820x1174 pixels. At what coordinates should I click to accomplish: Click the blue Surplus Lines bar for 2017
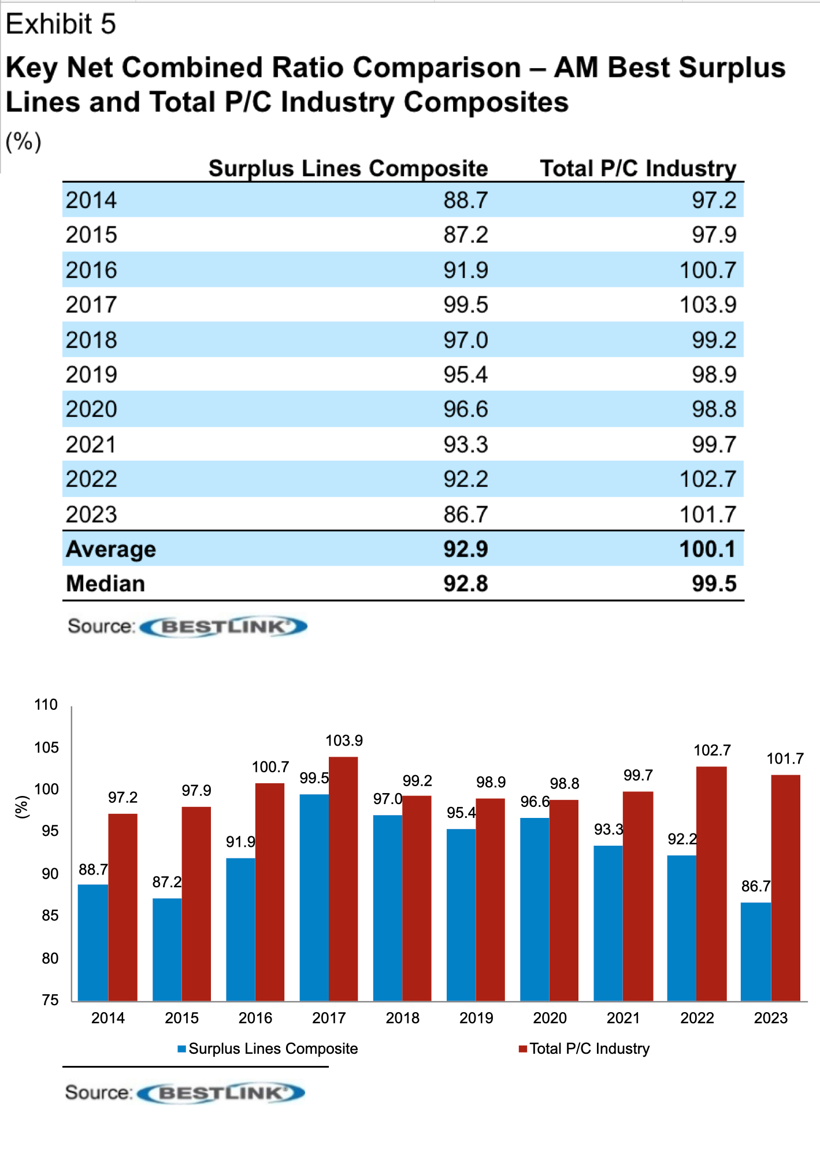314,897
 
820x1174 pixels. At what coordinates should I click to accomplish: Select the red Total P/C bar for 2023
785,887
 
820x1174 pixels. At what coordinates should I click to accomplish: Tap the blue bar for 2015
167,949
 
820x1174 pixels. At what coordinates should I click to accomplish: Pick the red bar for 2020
563,900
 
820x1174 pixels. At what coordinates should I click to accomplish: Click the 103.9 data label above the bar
344,740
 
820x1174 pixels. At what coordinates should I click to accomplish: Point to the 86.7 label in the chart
755,886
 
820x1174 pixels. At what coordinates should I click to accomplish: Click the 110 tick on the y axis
46,705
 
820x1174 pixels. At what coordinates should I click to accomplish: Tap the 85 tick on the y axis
50,916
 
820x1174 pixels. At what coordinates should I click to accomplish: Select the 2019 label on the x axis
476,1018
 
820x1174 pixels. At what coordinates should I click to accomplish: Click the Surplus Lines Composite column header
348,168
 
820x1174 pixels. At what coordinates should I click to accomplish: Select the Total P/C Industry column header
638,168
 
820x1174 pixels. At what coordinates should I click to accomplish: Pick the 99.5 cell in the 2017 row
465,305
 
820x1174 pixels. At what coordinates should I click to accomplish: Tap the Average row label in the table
111,549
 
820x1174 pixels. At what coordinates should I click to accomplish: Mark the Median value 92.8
465,584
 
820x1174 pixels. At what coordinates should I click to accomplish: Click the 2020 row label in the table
91,409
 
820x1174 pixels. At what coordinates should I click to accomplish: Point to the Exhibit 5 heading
61,24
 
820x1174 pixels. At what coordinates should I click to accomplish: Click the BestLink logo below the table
224,627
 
